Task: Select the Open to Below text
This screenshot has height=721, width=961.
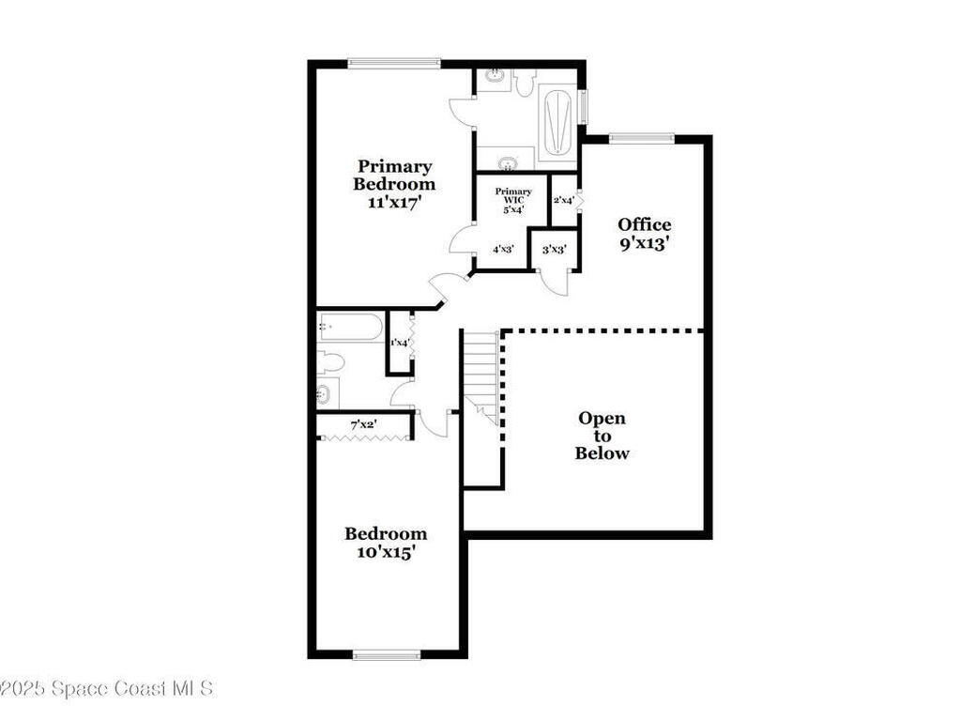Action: pyautogui.click(x=602, y=436)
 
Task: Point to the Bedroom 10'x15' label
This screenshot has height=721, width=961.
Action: pyautogui.click(x=385, y=544)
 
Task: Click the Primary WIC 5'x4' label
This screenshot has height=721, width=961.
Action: pyautogui.click(x=512, y=200)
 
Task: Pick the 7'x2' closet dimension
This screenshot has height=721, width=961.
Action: pyautogui.click(x=363, y=425)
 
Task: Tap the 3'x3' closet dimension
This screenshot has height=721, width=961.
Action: pyautogui.click(x=554, y=250)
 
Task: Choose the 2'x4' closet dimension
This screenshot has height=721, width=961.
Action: pyautogui.click(x=563, y=200)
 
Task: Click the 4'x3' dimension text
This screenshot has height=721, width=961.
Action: pyautogui.click(x=503, y=250)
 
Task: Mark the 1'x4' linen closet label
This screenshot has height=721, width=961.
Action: pyautogui.click(x=400, y=343)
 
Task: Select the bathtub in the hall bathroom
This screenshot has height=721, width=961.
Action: pyautogui.click(x=349, y=327)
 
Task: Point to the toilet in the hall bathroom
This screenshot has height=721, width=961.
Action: pyautogui.click(x=330, y=361)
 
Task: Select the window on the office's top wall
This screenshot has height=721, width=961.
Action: pyautogui.click(x=641, y=139)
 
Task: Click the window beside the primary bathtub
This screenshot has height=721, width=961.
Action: pyautogui.click(x=583, y=106)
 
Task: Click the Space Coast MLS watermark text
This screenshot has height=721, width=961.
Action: pyautogui.click(x=107, y=688)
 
